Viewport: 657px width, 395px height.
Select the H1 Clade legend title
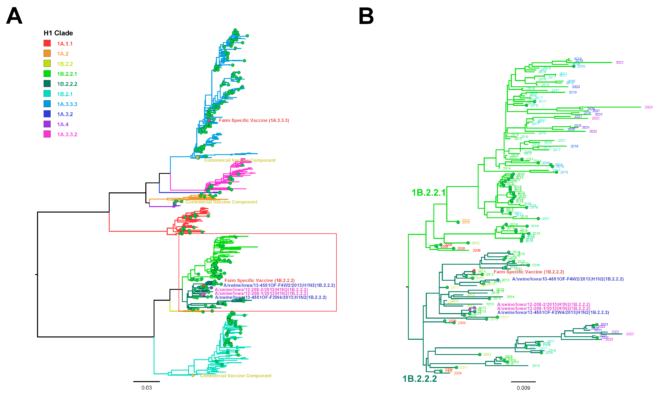[58, 33]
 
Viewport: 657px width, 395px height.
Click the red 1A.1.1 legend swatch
[47, 43]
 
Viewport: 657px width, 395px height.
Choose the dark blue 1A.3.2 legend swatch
[47, 114]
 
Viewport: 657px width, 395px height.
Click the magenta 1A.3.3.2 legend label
[67, 134]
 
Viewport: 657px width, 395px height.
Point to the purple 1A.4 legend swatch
[47, 124]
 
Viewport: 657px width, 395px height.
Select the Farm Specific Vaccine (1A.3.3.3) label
[254, 120]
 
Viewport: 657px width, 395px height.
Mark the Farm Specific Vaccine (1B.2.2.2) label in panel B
[529, 272]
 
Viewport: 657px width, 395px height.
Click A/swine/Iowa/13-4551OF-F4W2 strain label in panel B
[568, 279]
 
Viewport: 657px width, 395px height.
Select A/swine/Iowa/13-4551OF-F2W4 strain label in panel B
[553, 312]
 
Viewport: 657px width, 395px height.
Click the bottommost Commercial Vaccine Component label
[235, 376]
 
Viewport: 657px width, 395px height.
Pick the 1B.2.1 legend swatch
[47, 94]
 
